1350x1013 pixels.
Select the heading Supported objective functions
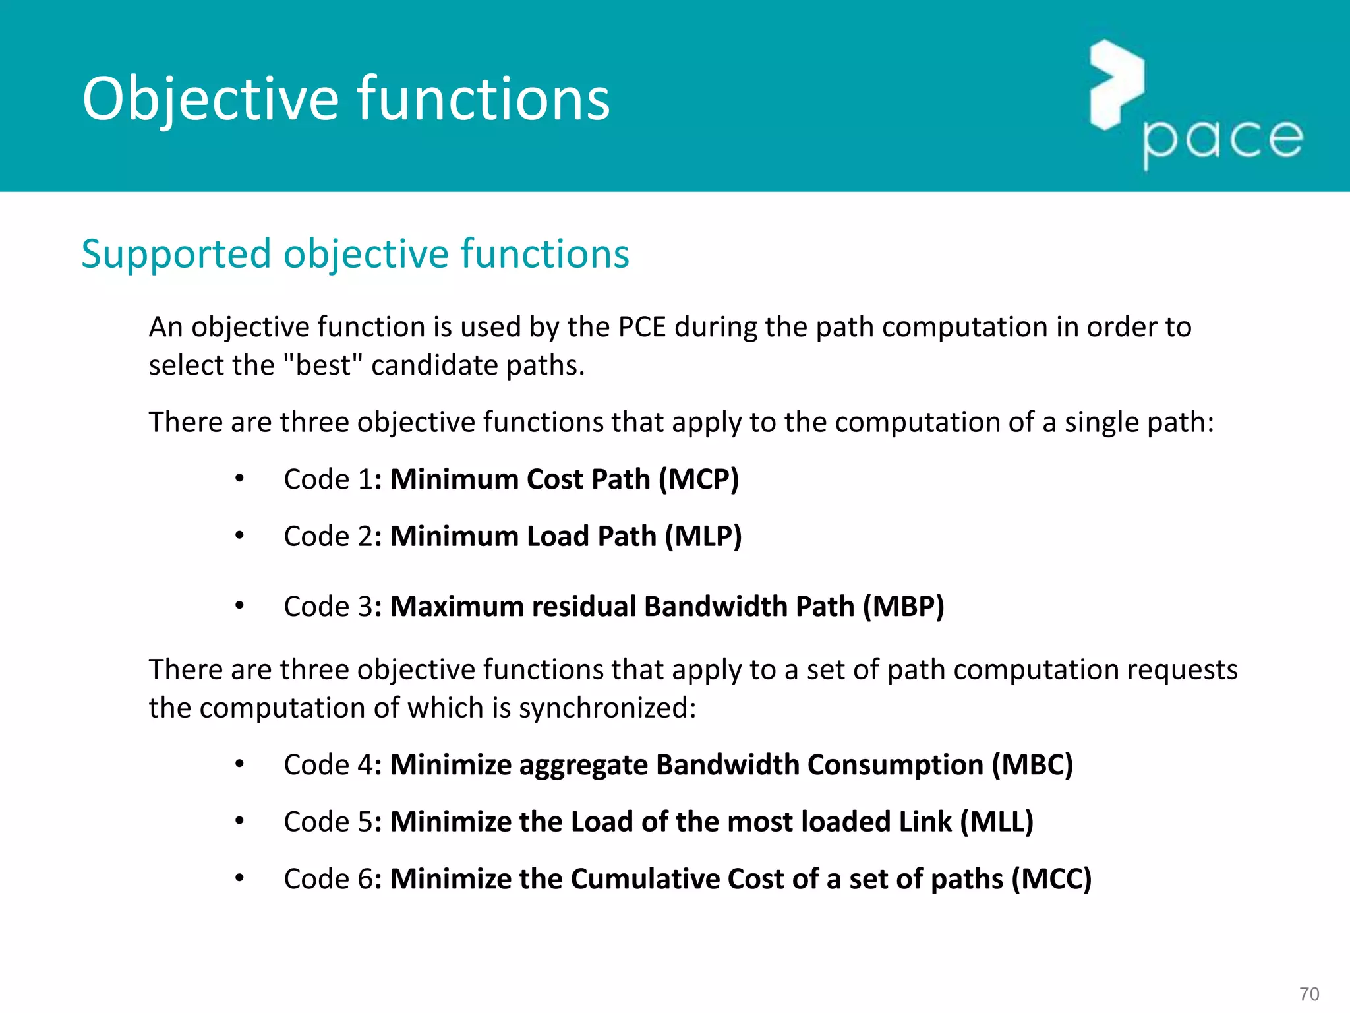(x=355, y=254)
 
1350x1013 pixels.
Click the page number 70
(x=1309, y=994)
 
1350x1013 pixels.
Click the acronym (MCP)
(x=699, y=479)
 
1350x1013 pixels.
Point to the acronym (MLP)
(x=703, y=536)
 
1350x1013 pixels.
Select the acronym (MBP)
(x=904, y=607)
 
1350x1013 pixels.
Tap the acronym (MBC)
(x=1033, y=765)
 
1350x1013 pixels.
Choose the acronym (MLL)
(x=997, y=822)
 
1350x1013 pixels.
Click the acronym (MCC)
(x=1051, y=879)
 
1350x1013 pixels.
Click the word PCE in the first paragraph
(x=642, y=327)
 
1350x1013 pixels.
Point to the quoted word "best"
(x=323, y=365)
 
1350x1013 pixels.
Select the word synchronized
(x=606, y=708)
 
